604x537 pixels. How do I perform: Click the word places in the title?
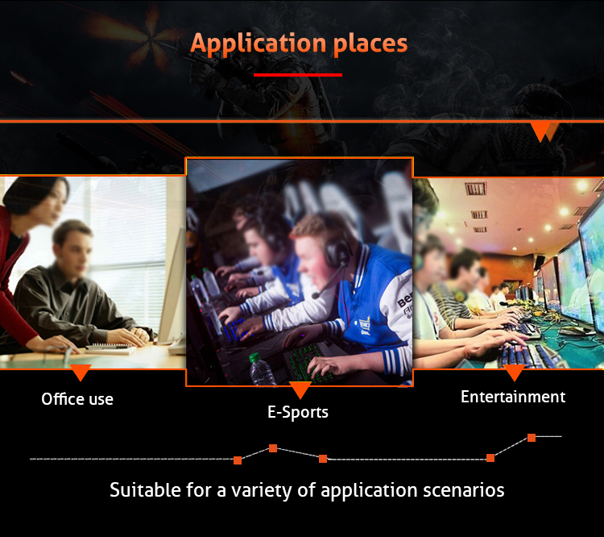click(x=370, y=44)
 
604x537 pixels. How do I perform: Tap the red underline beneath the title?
click(x=298, y=75)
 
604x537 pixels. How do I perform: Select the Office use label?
click(x=77, y=399)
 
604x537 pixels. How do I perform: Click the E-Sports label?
click(x=298, y=412)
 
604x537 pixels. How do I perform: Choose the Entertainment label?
click(x=513, y=397)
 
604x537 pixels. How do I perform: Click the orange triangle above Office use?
click(x=81, y=373)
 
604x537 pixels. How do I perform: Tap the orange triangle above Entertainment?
click(x=515, y=373)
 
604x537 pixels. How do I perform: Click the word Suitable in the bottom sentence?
click(x=145, y=490)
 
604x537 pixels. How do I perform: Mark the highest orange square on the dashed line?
click(x=532, y=438)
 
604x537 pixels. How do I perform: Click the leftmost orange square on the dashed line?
click(x=238, y=460)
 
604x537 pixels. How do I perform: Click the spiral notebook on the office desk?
click(x=110, y=349)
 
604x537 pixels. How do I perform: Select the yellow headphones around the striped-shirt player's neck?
click(x=459, y=295)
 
